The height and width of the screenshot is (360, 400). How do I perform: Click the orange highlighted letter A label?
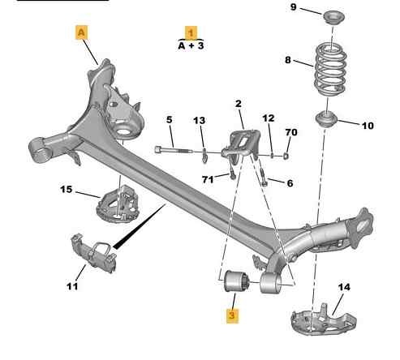click(81, 32)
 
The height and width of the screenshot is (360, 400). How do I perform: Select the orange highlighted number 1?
click(191, 33)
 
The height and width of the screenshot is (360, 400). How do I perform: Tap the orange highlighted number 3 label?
click(232, 315)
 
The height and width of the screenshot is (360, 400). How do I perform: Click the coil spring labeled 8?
click(330, 70)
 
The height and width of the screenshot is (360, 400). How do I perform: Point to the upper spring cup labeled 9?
click(334, 17)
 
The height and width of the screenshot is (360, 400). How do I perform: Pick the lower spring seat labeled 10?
click(326, 120)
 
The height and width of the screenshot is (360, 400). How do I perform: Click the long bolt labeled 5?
click(174, 150)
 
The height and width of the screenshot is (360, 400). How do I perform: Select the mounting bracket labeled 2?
click(241, 144)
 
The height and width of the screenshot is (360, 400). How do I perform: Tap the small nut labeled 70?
click(286, 156)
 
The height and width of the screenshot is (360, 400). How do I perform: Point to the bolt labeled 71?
click(232, 172)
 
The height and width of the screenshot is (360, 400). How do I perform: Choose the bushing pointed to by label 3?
click(237, 281)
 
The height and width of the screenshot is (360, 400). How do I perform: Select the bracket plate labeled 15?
click(118, 204)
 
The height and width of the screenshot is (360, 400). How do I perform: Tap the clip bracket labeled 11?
click(94, 253)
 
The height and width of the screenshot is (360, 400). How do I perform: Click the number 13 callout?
click(200, 121)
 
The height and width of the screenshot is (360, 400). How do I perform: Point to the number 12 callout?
click(269, 118)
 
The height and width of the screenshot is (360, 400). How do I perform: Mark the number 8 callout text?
click(288, 60)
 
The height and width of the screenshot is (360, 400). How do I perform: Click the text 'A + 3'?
click(191, 45)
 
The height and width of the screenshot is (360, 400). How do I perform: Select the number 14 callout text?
click(344, 287)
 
